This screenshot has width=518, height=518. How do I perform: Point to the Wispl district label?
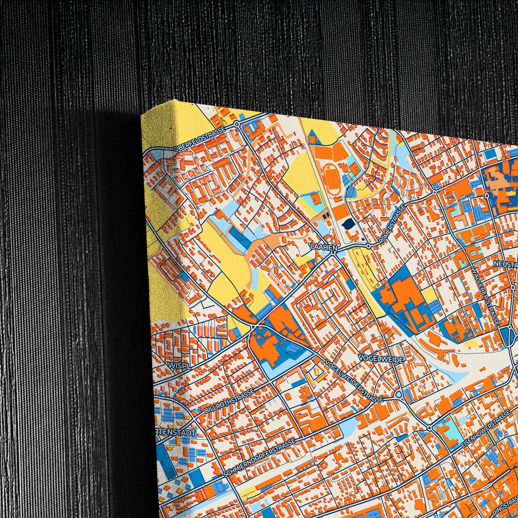pyautogui.click(x=174, y=364)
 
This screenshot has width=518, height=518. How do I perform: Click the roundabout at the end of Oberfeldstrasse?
pyautogui.click(x=237, y=124)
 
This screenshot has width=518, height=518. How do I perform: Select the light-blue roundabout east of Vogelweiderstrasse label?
pyautogui.click(x=399, y=395)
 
